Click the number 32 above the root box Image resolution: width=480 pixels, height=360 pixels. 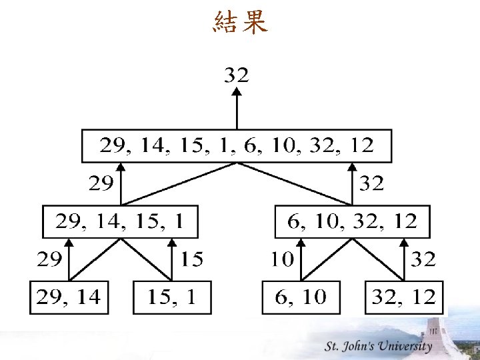click(x=236, y=75)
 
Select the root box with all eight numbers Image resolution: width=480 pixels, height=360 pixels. click(x=237, y=146)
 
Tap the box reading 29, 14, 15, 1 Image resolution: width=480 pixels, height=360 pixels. click(x=121, y=222)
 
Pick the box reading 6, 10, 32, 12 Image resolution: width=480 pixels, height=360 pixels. click(x=353, y=222)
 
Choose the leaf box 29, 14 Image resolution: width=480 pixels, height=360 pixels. click(x=69, y=297)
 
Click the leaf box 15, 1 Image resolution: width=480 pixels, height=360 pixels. click(x=172, y=297)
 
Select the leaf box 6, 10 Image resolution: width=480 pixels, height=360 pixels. click(x=301, y=297)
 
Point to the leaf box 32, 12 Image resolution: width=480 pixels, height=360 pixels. click(x=404, y=297)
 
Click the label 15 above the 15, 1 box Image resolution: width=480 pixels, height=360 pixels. click(x=192, y=259)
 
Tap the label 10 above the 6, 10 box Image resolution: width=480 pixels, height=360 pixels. click(x=281, y=259)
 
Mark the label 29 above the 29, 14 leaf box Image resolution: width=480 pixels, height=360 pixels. click(x=49, y=259)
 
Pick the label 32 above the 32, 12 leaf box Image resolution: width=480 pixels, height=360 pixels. click(x=423, y=259)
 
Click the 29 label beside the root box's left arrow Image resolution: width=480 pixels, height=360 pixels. click(x=101, y=183)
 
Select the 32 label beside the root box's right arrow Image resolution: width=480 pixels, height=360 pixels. click(x=372, y=183)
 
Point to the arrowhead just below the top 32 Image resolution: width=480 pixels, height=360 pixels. click(x=236, y=93)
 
